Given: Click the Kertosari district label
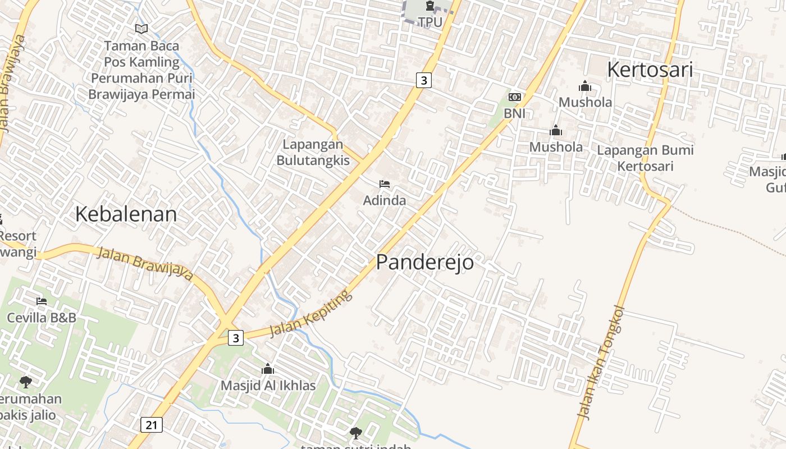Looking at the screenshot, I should pyautogui.click(x=650, y=70).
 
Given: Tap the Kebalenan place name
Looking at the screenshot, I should pyautogui.click(x=126, y=214).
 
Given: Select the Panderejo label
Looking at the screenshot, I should pyautogui.click(x=424, y=262).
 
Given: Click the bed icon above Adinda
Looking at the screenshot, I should pyautogui.click(x=385, y=184).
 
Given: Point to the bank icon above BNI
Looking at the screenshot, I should pyautogui.click(x=514, y=97).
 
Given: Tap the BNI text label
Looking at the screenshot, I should pyautogui.click(x=514, y=113).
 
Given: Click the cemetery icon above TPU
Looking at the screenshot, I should pyautogui.click(x=430, y=6).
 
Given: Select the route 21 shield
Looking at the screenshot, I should pyautogui.click(x=152, y=425).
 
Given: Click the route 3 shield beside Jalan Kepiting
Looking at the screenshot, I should pyautogui.click(x=236, y=338).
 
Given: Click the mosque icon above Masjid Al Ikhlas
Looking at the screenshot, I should pyautogui.click(x=268, y=369).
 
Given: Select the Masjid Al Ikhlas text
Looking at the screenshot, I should pyautogui.click(x=268, y=386).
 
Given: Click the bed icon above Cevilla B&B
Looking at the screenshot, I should pyautogui.click(x=42, y=301).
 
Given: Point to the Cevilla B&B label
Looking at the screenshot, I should pyautogui.click(x=42, y=318).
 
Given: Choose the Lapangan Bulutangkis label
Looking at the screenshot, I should pyautogui.click(x=313, y=152).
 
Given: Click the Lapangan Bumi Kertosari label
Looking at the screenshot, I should pyautogui.click(x=645, y=158).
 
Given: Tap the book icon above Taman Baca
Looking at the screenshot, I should pyautogui.click(x=141, y=29).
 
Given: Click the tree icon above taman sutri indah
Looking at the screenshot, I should pyautogui.click(x=355, y=433).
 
